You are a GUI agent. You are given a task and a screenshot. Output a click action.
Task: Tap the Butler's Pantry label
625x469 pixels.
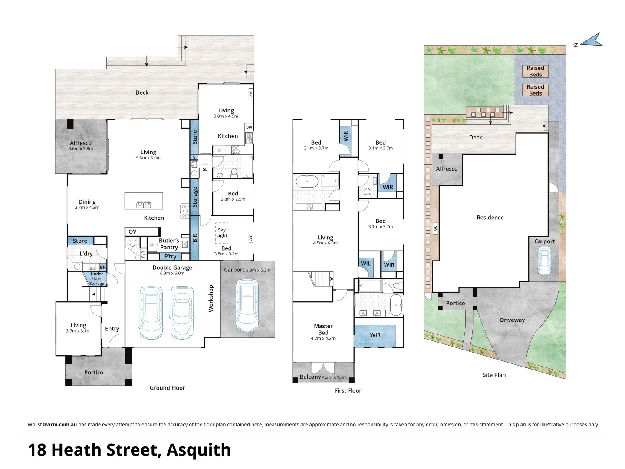tap(169, 244)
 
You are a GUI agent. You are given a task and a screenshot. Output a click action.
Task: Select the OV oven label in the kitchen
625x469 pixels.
tap(132, 231)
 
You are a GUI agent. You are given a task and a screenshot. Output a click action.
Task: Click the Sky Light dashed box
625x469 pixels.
tap(222, 233)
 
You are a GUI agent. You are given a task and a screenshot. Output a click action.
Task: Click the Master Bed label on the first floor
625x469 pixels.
tap(323, 329)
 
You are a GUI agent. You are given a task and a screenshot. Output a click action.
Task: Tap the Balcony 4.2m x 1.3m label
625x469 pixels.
tap(323, 377)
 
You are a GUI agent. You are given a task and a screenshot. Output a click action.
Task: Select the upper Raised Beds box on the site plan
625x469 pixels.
tap(535, 71)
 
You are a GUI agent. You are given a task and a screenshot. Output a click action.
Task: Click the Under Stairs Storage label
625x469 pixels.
tap(97, 279)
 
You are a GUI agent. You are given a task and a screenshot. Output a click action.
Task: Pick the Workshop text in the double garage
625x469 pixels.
tap(211, 298)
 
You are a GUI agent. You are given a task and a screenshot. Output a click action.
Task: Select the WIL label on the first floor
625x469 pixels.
tap(366, 264)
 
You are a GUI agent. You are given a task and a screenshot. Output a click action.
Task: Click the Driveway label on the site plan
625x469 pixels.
tap(512, 320)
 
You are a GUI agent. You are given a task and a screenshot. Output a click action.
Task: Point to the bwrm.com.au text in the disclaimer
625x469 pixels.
tap(60, 424)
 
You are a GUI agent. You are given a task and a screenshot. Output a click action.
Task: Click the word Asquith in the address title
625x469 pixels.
tap(198, 450)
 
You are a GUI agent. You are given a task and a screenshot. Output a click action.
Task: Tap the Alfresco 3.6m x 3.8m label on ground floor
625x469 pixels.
tap(81, 145)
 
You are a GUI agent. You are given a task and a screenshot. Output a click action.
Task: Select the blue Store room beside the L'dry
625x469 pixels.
tap(80, 241)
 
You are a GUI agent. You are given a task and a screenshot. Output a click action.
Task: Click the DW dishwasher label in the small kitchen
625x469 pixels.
tap(249, 127)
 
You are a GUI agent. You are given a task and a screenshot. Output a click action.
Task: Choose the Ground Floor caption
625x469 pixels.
tap(167, 388)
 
